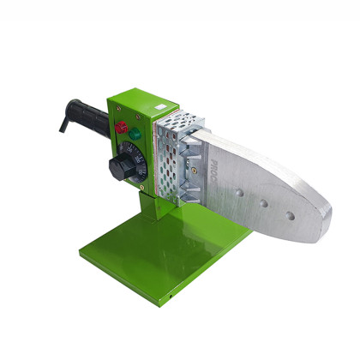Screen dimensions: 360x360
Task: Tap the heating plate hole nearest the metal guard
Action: tap(241, 192)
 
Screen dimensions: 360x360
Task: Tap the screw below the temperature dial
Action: tap(140, 183)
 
